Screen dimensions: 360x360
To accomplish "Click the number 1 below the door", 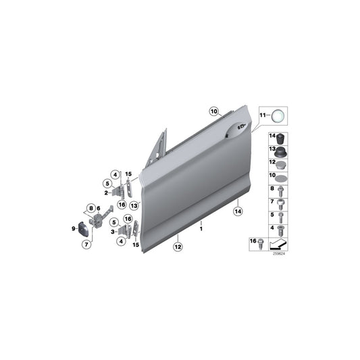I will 201,230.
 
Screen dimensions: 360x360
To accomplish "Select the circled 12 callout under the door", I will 176,247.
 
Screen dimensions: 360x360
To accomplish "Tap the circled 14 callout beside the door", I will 237,211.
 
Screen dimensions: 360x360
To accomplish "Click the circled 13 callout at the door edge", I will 134,205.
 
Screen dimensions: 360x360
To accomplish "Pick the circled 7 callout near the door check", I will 86,243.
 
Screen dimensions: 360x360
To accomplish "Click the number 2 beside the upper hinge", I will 107,192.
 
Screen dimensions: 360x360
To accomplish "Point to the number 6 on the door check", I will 99,208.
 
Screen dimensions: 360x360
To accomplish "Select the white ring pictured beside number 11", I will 278,116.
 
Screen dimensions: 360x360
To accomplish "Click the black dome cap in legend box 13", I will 280,151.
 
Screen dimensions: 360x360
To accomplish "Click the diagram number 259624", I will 278,254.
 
